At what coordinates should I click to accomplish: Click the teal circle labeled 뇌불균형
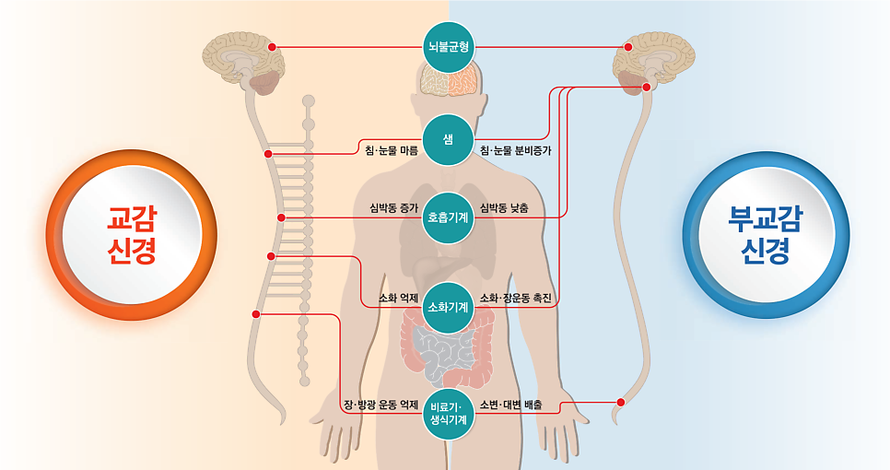pos(449,47)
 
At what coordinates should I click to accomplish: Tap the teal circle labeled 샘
pos(449,140)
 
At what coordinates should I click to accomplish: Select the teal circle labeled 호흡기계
pos(449,217)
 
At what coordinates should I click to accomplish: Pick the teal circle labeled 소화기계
pos(449,307)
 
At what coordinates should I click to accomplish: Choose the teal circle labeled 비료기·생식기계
pos(449,414)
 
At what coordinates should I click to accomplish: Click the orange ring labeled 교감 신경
pos(54,235)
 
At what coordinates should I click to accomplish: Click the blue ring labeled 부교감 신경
pos(691,235)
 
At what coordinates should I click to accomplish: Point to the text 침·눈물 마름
pos(392,151)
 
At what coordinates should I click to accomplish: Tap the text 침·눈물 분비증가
pos(515,151)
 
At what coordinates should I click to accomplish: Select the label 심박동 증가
pos(394,208)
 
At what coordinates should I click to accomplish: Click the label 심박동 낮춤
pos(504,208)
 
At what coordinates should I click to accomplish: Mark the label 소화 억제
pos(398,298)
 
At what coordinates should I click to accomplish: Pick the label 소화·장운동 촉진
pos(515,298)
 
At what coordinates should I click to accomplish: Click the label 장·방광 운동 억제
pos(381,405)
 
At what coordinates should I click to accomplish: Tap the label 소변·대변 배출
pos(510,405)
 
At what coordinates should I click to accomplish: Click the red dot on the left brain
pos(272,47)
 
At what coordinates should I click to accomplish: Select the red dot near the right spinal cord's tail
pos(620,403)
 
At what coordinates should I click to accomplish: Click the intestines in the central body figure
pos(447,347)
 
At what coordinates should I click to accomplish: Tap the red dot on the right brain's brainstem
pos(646,87)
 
